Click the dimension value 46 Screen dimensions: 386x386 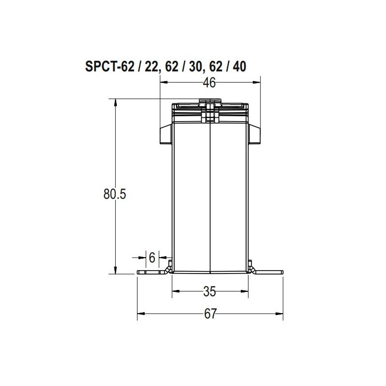[x=209, y=83]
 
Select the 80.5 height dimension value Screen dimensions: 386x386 [x=115, y=194]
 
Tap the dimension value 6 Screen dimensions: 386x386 [x=152, y=258]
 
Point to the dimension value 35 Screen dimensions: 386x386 [x=210, y=291]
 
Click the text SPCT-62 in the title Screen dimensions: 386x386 [x=110, y=67]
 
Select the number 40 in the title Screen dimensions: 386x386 [x=239, y=67]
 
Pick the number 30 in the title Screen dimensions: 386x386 [x=196, y=67]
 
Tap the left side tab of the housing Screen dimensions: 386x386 [x=165, y=134]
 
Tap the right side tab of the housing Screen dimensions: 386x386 [x=254, y=134]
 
